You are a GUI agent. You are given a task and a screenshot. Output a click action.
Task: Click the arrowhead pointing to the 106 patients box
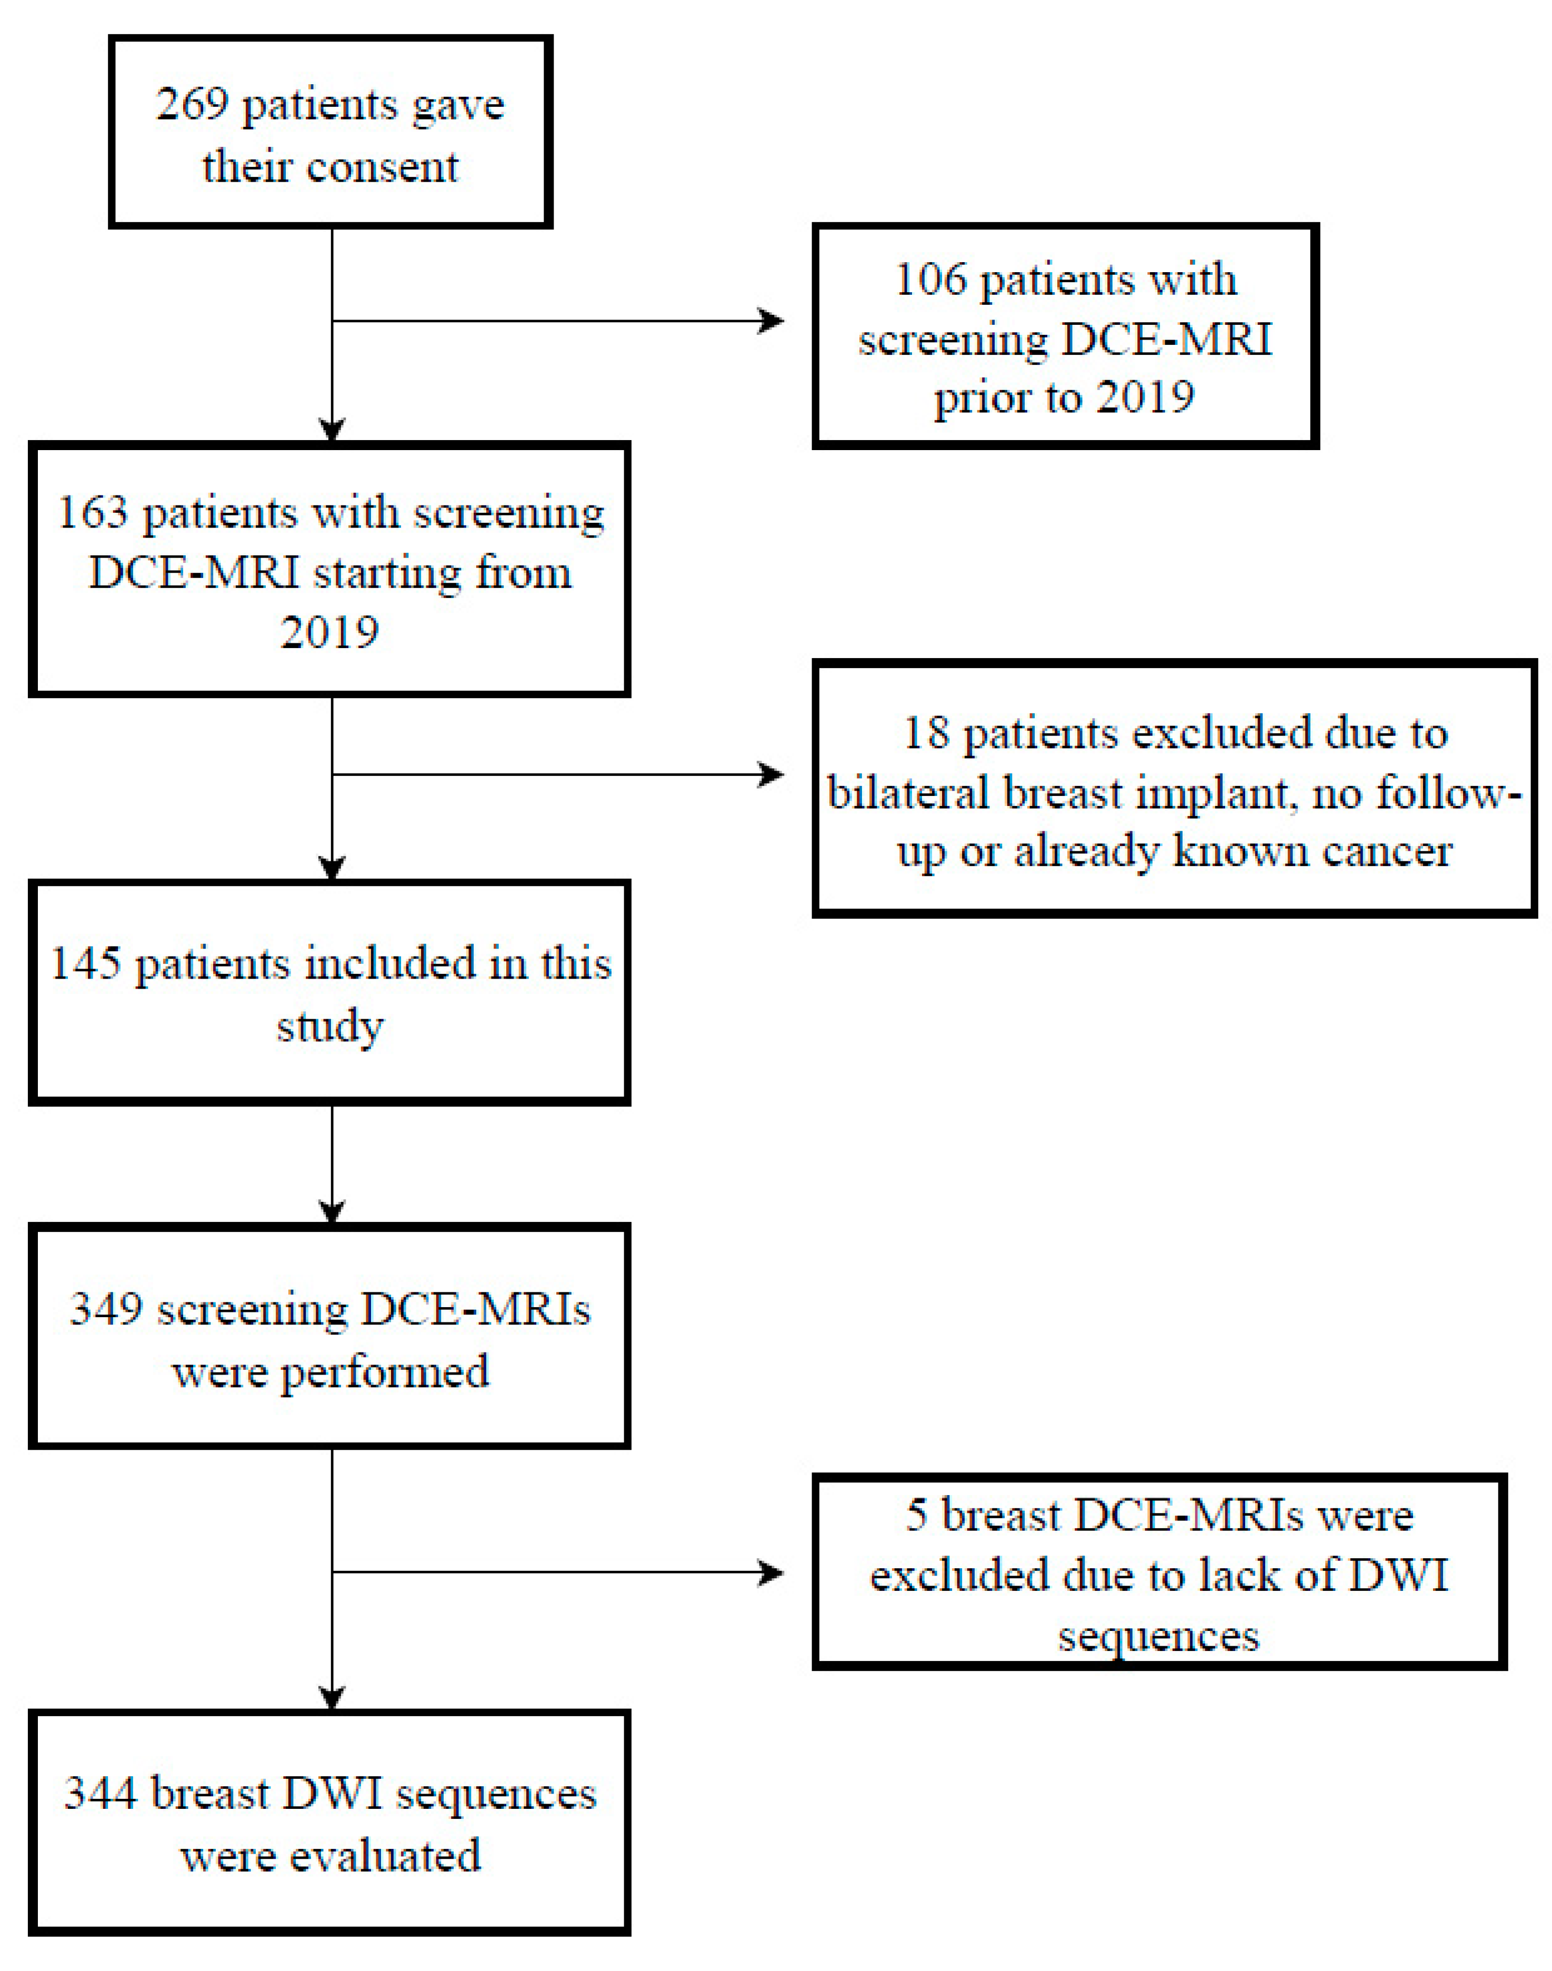tap(773, 321)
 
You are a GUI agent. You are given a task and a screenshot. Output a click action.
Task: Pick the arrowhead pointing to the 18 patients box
tap(773, 774)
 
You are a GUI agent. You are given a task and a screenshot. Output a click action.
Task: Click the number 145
tap(85, 964)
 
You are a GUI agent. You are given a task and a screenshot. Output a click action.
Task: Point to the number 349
tap(106, 1309)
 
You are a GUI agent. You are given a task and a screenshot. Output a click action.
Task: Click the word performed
tap(384, 1371)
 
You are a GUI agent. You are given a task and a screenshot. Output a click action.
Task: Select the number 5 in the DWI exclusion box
tap(916, 1515)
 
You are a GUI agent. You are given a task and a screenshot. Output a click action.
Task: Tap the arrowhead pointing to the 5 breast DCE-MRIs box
tap(773, 1573)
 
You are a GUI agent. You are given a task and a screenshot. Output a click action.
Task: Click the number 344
tap(100, 1793)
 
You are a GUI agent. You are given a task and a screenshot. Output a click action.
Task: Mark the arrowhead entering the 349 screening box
tap(333, 1212)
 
